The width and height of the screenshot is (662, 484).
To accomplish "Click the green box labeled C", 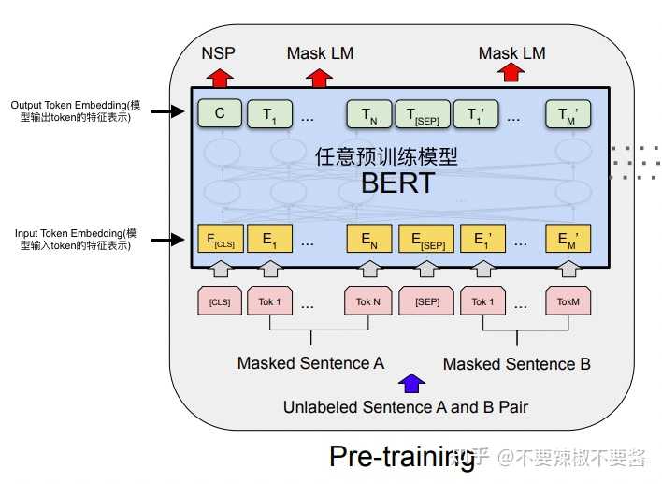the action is [x=220, y=114].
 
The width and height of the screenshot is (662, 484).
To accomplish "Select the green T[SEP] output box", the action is [x=423, y=114].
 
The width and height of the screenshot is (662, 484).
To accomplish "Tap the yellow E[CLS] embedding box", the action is [x=220, y=240].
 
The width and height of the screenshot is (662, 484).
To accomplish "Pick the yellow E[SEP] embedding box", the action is [x=426, y=240].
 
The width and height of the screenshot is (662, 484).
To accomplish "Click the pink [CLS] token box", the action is [x=220, y=302].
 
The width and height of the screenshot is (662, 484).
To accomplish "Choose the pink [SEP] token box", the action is [x=426, y=302].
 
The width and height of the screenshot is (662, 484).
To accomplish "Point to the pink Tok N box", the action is [x=368, y=302].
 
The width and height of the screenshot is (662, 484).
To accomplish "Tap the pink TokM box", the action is [x=568, y=302].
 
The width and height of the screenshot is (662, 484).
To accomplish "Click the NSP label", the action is [x=219, y=53].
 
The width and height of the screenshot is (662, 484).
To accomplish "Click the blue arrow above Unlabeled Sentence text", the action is [x=410, y=382].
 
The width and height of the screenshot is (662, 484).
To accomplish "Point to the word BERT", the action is [x=398, y=183].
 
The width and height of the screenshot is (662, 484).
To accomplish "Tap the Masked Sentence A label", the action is [x=310, y=363].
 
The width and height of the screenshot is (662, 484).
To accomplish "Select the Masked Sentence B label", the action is [x=516, y=363].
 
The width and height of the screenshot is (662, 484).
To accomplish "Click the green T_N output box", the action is [x=368, y=114].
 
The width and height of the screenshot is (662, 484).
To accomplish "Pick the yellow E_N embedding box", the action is [x=368, y=240].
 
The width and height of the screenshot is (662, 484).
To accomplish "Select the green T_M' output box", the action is [x=568, y=114].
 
